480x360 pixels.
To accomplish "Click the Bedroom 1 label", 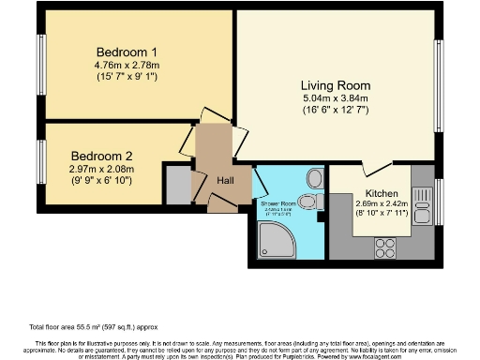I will click(126, 52).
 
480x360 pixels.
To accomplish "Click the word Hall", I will click(226, 180).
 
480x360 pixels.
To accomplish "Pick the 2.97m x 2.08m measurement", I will click(101, 169).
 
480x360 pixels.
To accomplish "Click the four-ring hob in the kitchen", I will click(385, 247).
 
